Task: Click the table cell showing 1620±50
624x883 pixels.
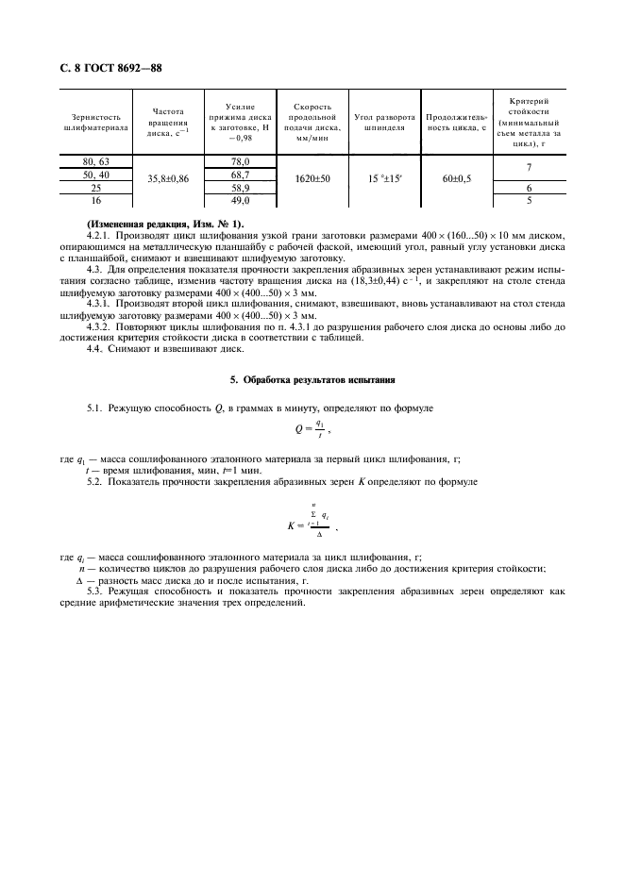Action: pos(312,176)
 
